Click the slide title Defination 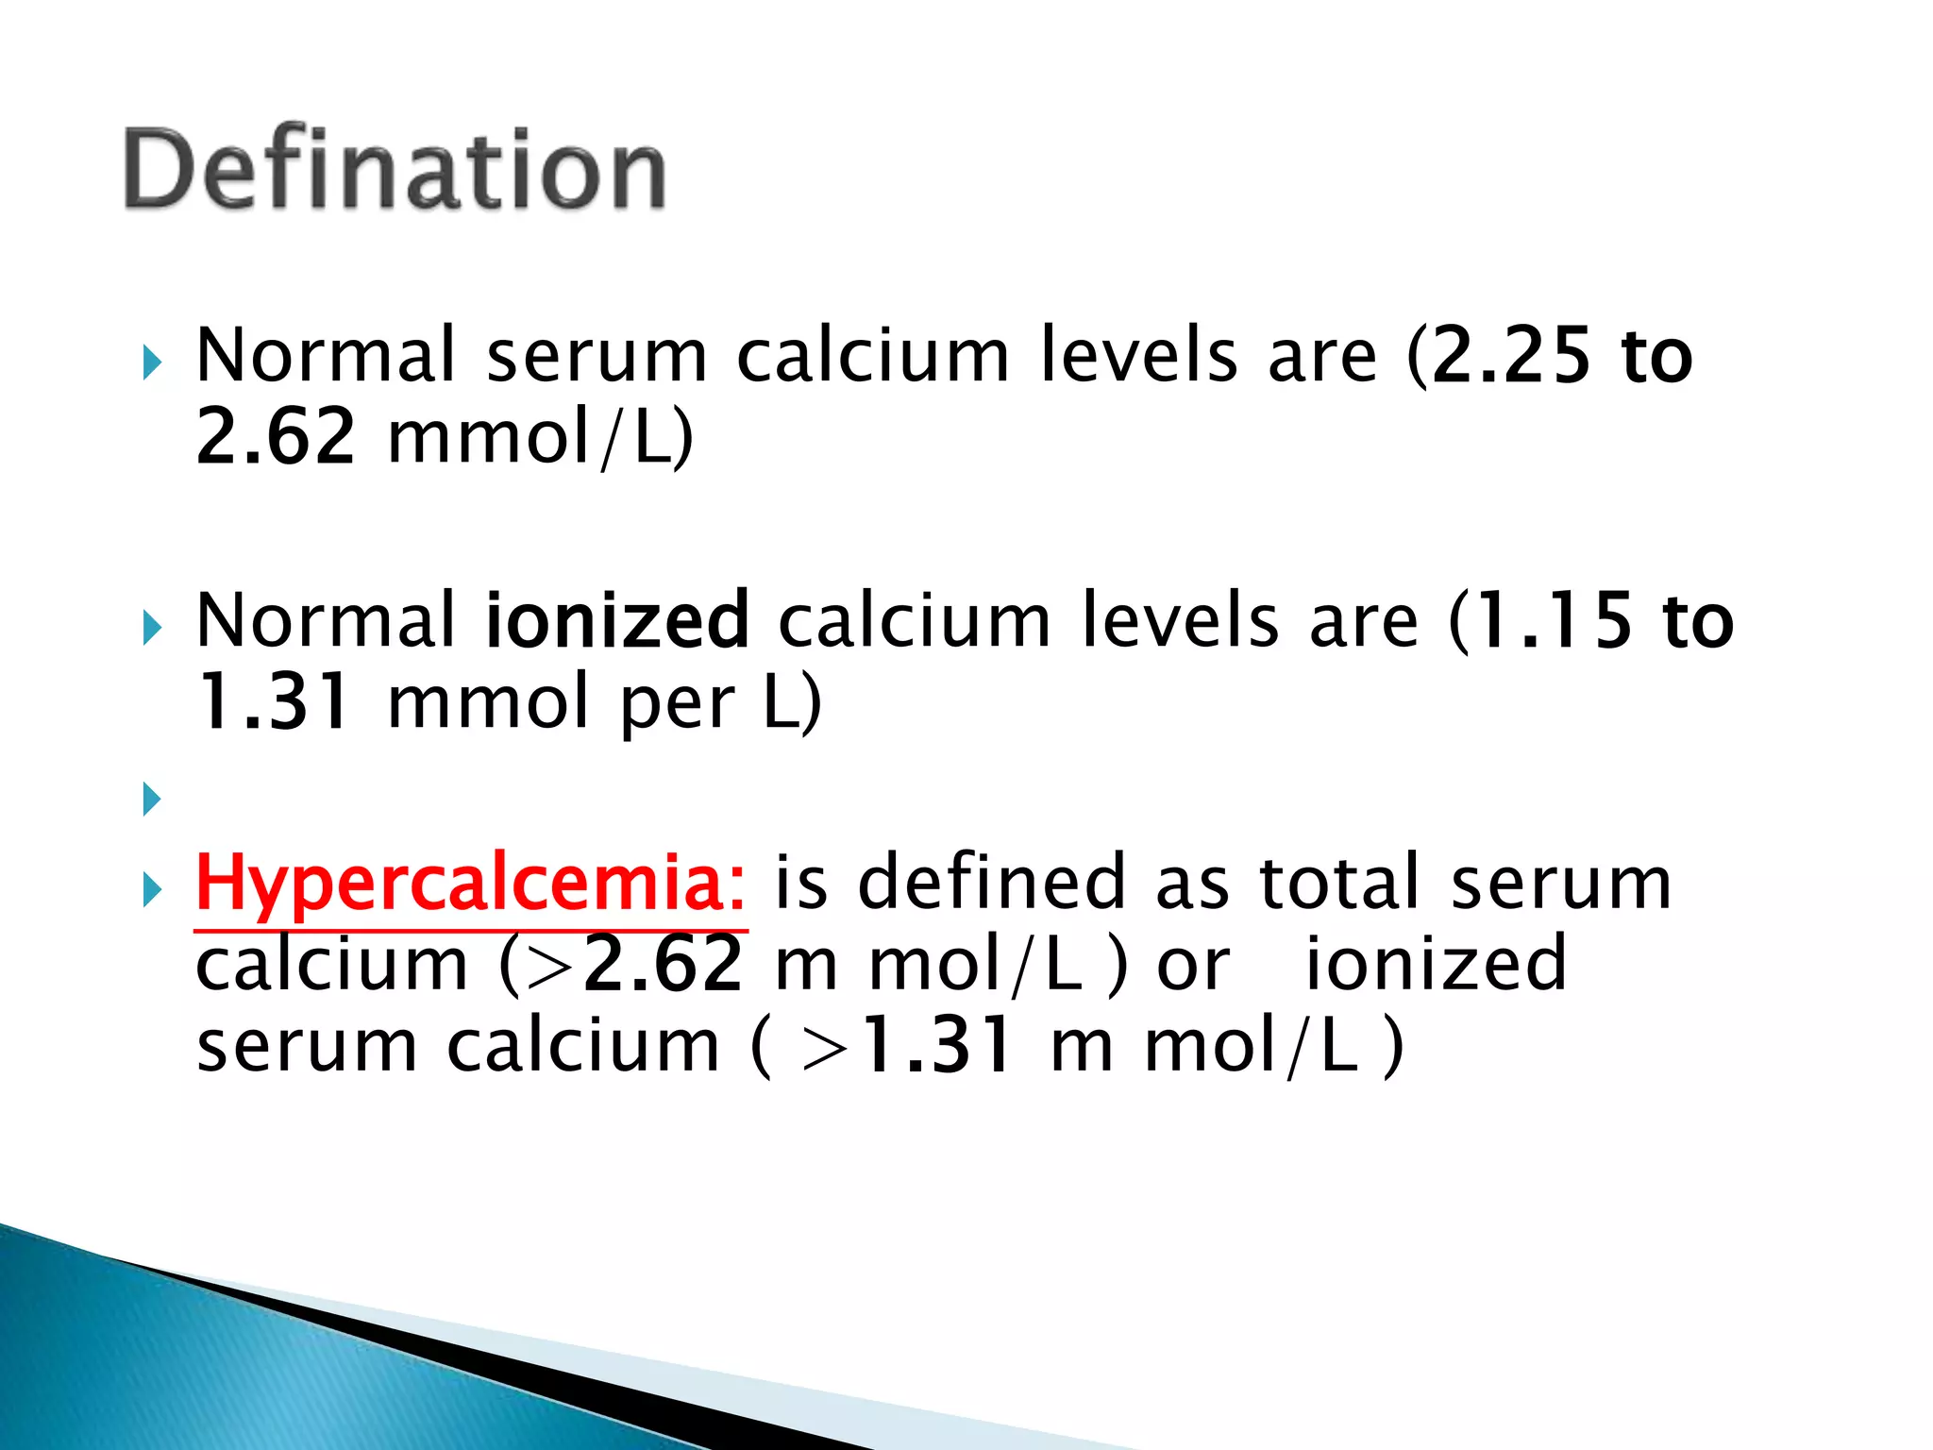point(395,170)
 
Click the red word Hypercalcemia point(469,883)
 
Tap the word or point(1193,965)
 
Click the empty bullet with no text point(152,800)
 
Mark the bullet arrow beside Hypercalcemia point(152,889)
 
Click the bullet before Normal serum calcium point(152,362)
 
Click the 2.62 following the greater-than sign point(664,965)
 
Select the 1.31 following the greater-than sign point(940,1046)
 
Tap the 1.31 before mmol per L point(274,703)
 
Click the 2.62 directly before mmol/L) point(275,437)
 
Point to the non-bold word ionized point(1435,965)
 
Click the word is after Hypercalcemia point(800,883)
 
